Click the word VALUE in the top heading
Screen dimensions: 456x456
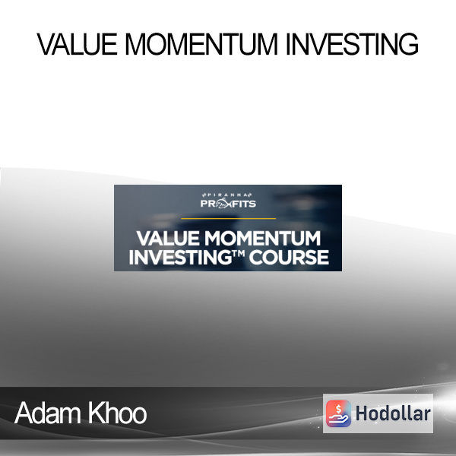tap(77, 44)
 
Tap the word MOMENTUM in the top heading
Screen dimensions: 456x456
tap(201, 44)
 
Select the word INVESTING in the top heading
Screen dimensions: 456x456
tap(353, 44)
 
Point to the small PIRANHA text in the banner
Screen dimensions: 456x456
tap(227, 195)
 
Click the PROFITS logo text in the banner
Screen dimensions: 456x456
tap(228, 203)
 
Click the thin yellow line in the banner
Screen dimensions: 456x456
tap(228, 218)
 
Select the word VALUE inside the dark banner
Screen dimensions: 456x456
tap(168, 238)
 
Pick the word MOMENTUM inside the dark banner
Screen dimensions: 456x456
tap(262, 238)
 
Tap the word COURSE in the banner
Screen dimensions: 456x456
tap(289, 257)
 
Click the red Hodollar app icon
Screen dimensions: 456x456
tap(338, 413)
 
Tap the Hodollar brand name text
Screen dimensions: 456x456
tap(393, 413)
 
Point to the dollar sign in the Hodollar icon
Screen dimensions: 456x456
tap(338, 409)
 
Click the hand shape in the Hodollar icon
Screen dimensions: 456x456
tap(339, 420)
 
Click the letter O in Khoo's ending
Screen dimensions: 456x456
tap(139, 415)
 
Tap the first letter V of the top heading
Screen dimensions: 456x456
tap(46, 44)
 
